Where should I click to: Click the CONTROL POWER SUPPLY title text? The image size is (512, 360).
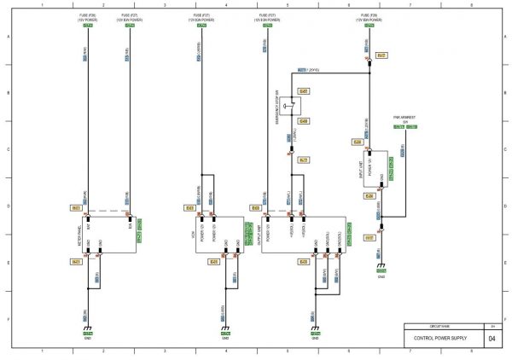[x=439, y=339]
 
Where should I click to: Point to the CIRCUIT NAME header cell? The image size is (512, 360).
[x=439, y=326]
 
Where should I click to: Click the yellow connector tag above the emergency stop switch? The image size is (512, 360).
[x=304, y=91]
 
